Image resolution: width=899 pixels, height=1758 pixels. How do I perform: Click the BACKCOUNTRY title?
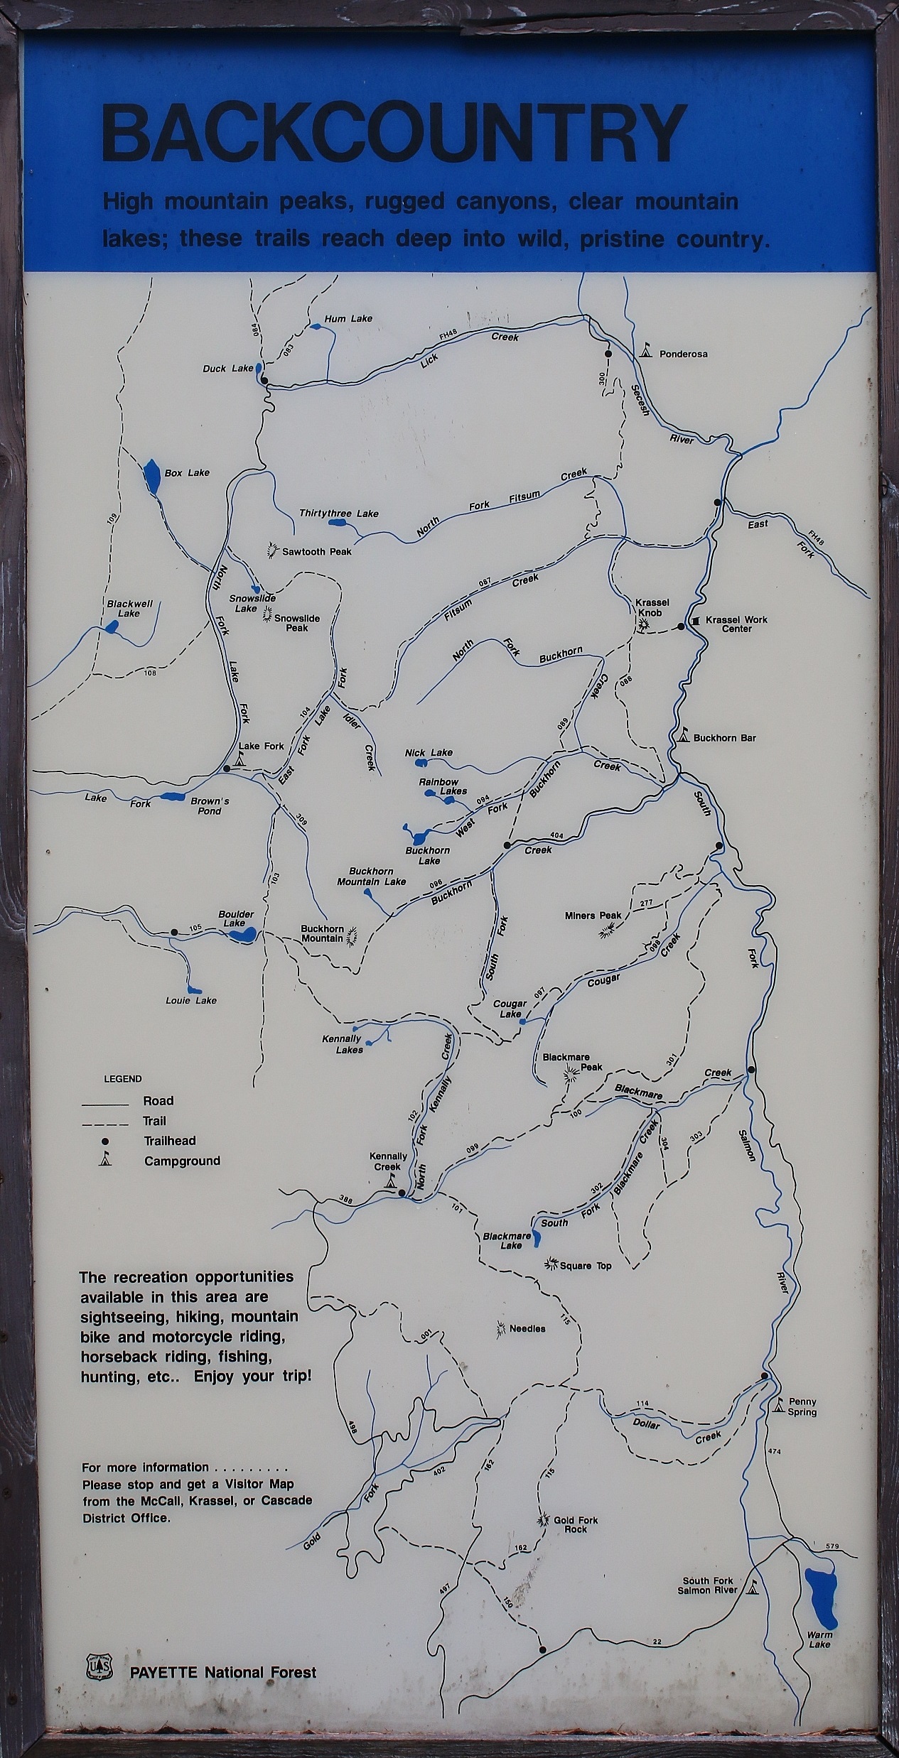(x=394, y=133)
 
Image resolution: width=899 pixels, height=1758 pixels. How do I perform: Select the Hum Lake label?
(x=348, y=318)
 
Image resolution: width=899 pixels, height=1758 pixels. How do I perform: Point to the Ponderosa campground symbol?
(x=647, y=351)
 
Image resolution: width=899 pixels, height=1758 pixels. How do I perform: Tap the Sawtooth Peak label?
(x=317, y=550)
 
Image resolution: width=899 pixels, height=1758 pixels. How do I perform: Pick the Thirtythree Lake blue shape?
(x=338, y=523)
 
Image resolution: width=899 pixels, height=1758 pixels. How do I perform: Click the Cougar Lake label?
(x=510, y=1009)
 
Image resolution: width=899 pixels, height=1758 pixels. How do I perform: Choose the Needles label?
(x=527, y=1328)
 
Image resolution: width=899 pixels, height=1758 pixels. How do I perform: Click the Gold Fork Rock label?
(x=576, y=1524)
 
